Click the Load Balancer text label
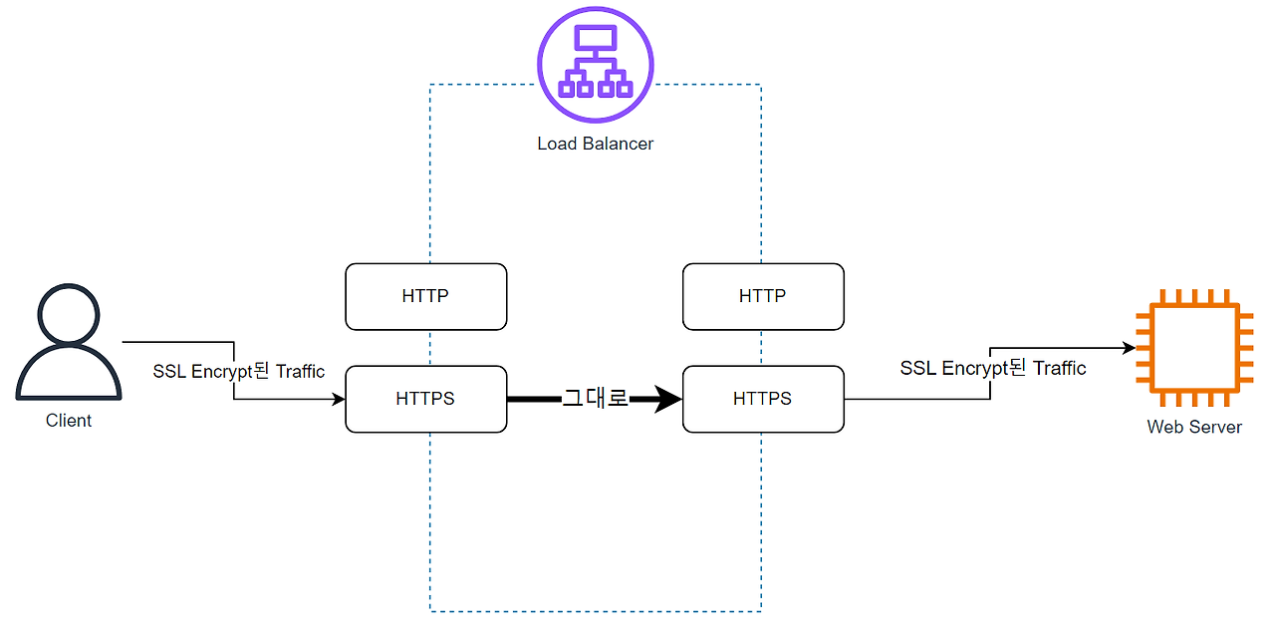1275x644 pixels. pyautogui.click(x=595, y=144)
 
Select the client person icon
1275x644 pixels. pyautogui.click(x=69, y=344)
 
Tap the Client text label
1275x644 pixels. pyautogui.click(x=69, y=421)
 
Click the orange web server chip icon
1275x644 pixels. pyautogui.click(x=1194, y=348)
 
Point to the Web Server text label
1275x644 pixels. pyautogui.click(x=1194, y=427)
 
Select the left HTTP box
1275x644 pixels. pyautogui.click(x=425, y=296)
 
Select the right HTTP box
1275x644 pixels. pyautogui.click(x=763, y=296)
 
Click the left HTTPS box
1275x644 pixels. pyautogui.click(x=425, y=399)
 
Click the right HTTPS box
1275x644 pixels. pyautogui.click(x=763, y=399)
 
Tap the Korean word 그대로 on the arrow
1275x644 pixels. pyautogui.click(x=595, y=399)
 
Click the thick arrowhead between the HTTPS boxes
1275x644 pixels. pyautogui.click(x=666, y=399)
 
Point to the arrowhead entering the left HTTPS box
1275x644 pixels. pyautogui.click(x=339, y=399)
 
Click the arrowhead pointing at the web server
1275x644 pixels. pyautogui.click(x=1130, y=348)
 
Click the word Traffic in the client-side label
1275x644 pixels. pyautogui.click(x=300, y=372)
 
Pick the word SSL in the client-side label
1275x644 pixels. pyautogui.click(x=168, y=372)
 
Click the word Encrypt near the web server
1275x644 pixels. pyautogui.click(x=974, y=368)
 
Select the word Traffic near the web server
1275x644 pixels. pyautogui.click(x=1059, y=368)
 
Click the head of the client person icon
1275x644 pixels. pyautogui.click(x=69, y=313)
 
